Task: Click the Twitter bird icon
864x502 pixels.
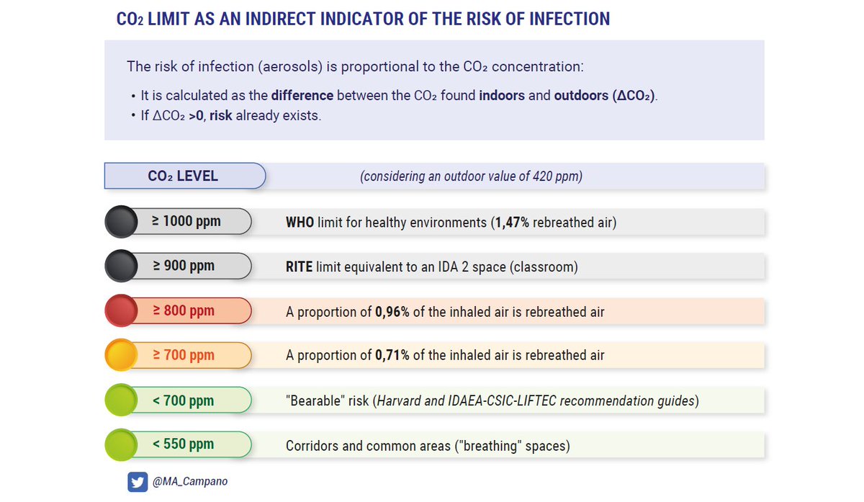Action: click(x=138, y=482)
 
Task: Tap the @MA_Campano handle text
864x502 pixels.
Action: click(x=190, y=482)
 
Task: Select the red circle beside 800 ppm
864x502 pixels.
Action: click(x=121, y=310)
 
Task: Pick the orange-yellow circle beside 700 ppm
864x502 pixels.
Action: click(x=121, y=355)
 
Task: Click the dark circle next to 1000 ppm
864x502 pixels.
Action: click(x=121, y=222)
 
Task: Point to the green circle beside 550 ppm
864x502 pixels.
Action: click(x=121, y=444)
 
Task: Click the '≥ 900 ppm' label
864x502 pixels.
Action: click(x=184, y=266)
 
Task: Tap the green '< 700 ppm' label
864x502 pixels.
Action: click(x=183, y=400)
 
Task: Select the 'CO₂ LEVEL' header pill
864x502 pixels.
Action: click(x=185, y=176)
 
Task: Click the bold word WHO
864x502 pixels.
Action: click(x=300, y=223)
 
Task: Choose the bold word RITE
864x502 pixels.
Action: click(x=299, y=267)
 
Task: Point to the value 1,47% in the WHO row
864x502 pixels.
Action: click(x=512, y=223)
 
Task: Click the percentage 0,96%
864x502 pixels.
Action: click(x=392, y=312)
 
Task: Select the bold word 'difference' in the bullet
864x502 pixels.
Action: click(x=302, y=95)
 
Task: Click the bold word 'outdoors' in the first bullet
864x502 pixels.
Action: click(x=581, y=95)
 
